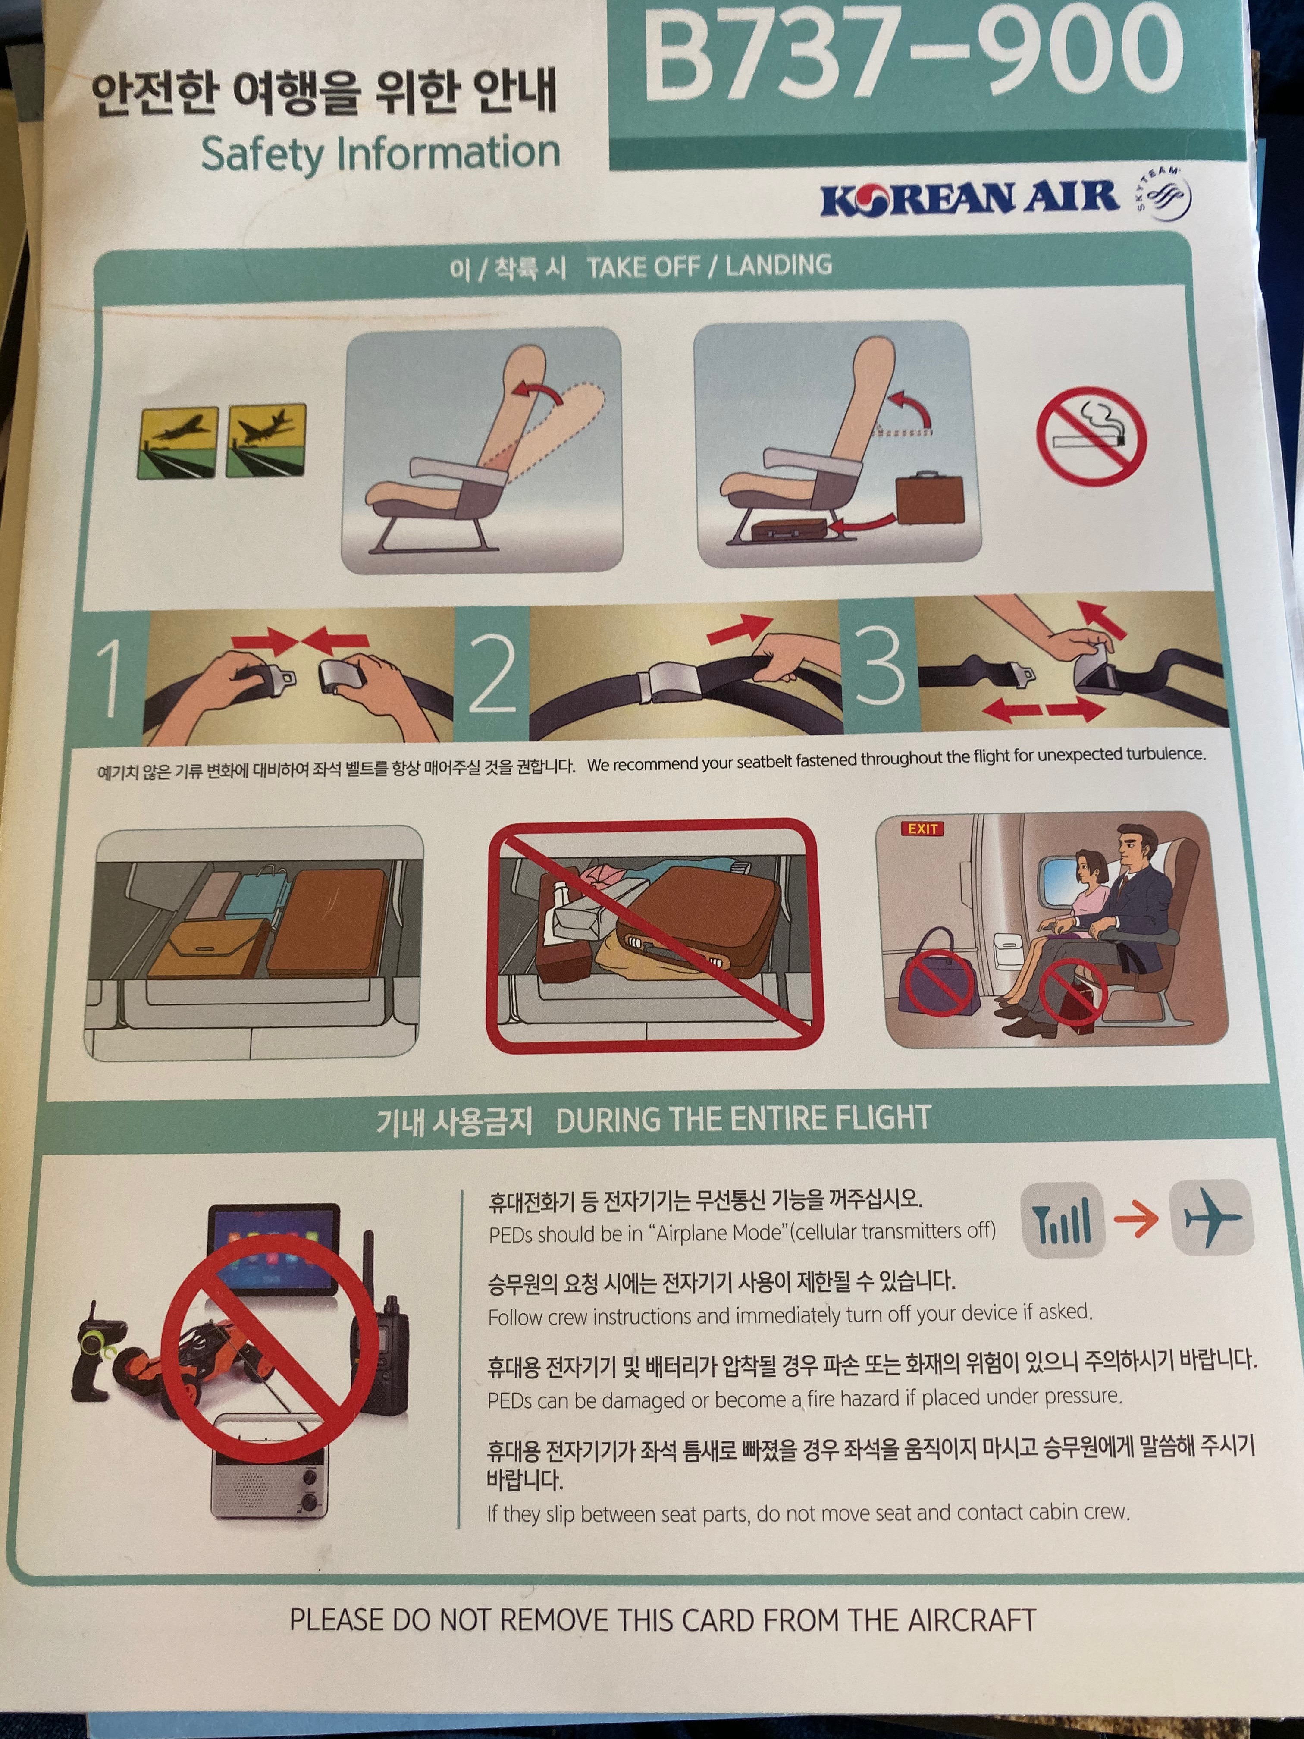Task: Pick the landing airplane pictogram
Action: click(266, 440)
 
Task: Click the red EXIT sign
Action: click(922, 829)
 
